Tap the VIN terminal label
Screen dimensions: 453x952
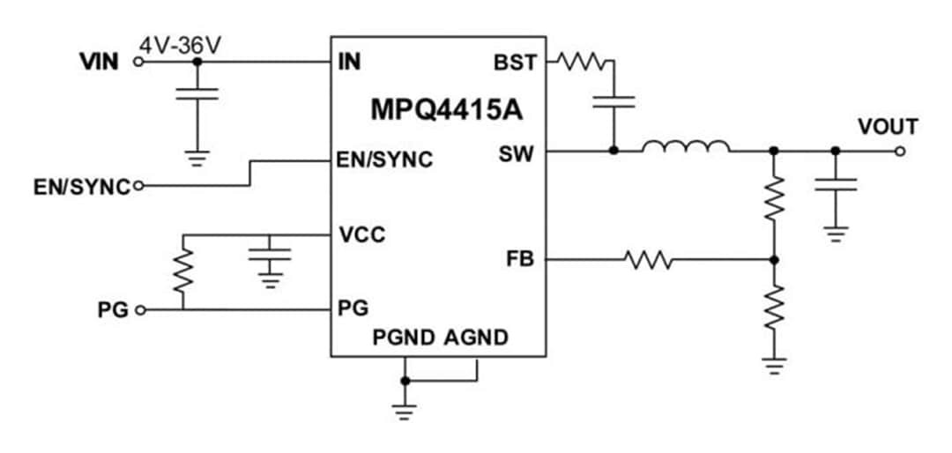100,63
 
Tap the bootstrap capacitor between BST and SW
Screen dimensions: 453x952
614,101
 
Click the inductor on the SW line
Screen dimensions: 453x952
685,147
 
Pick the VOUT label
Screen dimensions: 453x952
888,127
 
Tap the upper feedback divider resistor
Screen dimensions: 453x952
773,200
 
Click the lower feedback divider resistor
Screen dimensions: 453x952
773,308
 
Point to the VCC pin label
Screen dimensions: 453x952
361,235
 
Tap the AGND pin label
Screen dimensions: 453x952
476,338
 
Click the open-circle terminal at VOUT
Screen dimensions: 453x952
899,151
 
